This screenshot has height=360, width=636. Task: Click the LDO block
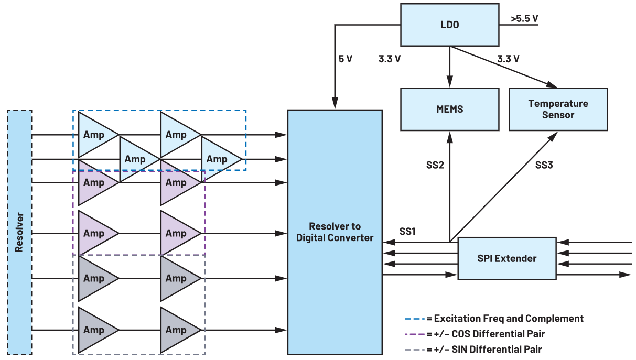coord(449,25)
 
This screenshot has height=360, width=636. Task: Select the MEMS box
coord(449,109)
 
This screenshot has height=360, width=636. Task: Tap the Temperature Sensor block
coord(558,109)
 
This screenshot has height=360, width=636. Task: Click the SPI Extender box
coord(506,258)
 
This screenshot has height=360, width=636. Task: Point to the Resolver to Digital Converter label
coord(335,232)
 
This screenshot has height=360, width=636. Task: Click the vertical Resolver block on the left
coord(20,232)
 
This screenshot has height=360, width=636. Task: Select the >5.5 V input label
coord(524,19)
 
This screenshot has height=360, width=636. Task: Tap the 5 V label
coord(345,59)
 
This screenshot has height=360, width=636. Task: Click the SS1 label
coord(407,231)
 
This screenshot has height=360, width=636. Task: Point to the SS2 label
coord(435,166)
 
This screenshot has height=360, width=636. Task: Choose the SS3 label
coord(544,166)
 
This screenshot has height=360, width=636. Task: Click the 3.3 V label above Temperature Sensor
coord(508,59)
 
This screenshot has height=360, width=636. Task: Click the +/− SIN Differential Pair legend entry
coord(484,349)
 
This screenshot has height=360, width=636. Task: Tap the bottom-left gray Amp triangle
coord(95,330)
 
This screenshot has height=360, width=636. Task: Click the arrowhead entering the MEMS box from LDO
coord(449,84)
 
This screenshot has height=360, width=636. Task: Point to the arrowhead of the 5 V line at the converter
coord(335,105)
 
